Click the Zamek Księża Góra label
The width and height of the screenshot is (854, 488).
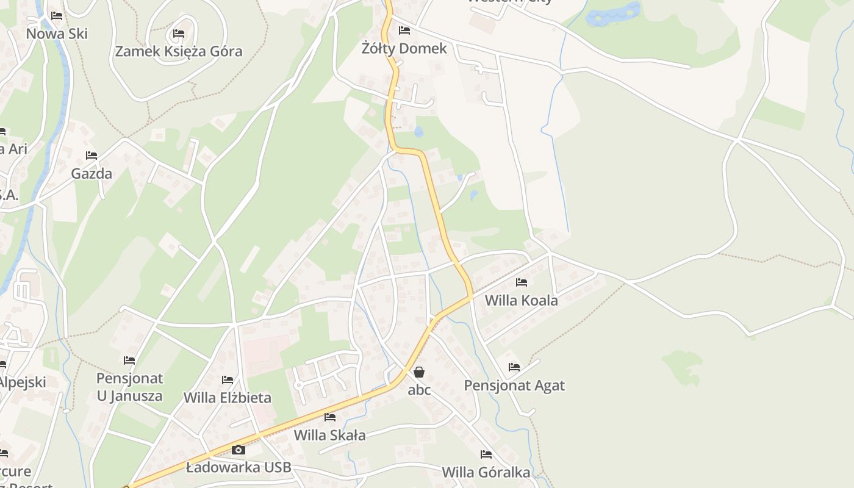point(179,51)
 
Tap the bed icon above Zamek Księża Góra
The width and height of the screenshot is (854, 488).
point(179,33)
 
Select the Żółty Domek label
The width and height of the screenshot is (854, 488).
point(404,48)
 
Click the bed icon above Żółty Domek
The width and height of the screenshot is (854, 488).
point(404,30)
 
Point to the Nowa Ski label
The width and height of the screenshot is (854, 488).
point(57,34)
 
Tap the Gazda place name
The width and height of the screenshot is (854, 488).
point(91,173)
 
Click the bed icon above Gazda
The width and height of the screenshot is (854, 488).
point(91,156)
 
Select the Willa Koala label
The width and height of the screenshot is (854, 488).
point(521,300)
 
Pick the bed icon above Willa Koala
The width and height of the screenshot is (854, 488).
point(521,282)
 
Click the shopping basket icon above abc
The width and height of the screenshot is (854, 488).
point(419,371)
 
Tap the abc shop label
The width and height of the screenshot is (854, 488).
point(419,390)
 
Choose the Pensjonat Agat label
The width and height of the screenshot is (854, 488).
point(514,386)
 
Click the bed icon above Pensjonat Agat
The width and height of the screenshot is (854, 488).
point(514,367)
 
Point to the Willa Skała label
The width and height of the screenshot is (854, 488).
point(330,435)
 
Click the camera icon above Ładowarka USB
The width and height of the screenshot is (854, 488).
point(239,450)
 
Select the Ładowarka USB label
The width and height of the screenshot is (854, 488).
point(239,468)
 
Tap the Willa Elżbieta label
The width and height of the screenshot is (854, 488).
point(228,398)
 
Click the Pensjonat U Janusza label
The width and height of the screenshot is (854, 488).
point(129,387)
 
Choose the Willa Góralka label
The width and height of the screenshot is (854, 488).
point(486,472)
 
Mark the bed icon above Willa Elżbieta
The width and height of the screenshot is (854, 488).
point(228,380)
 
